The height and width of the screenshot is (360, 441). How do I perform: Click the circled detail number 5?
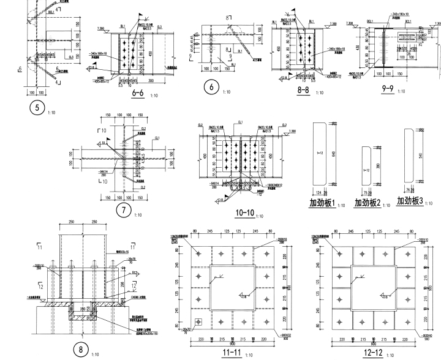coord(38,108)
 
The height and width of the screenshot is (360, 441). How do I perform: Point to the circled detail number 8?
coord(81,350)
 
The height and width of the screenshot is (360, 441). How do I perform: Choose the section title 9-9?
coord(387,89)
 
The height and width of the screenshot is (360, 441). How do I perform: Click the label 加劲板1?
coord(323,203)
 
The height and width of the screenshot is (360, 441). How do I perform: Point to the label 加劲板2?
coord(367,203)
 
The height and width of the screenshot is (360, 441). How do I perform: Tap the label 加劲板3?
coord(410,201)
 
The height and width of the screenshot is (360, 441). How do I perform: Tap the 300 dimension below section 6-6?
coord(151,80)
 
